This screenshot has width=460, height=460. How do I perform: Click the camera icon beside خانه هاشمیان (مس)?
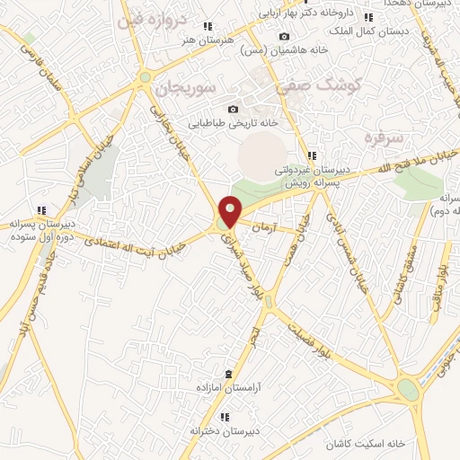[x=285, y=37]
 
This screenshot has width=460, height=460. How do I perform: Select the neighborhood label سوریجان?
[x=186, y=88]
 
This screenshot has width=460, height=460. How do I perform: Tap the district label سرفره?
[x=382, y=137]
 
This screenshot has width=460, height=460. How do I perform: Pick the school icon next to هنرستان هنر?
[x=208, y=27]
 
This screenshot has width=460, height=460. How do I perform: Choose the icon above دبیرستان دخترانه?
[x=224, y=416]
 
